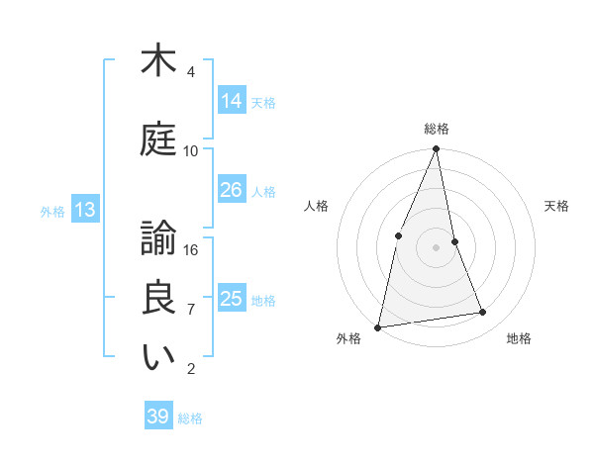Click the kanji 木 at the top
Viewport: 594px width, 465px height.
158,61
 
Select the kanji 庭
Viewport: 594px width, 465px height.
158,139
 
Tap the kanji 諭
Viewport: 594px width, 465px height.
158,238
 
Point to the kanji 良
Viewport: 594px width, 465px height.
158,298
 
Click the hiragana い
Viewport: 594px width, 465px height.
158,358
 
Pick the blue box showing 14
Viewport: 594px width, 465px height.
232,100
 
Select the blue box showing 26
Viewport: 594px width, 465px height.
232,190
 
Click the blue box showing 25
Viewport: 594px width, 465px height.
232,299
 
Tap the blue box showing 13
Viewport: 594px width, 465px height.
84,210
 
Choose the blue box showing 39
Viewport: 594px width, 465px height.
158,417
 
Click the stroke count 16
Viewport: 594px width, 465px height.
191,249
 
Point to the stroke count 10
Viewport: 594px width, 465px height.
191,150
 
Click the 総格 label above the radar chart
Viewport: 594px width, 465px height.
436,129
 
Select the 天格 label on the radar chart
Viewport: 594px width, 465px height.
556,206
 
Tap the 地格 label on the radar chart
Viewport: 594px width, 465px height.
519,338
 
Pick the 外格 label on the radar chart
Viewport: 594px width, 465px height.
348,338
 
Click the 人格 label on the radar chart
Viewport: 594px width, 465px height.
316,206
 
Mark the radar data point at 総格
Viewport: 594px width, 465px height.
436,149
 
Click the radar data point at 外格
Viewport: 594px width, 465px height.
378,326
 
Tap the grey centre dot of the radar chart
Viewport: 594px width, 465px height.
436,247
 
